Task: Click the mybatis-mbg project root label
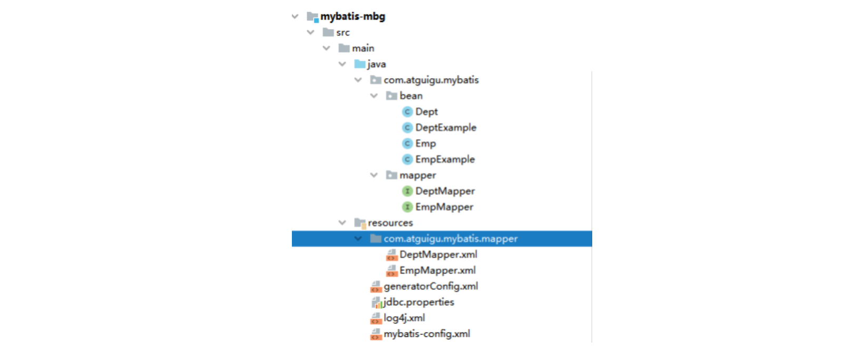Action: [x=352, y=16]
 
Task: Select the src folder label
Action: [x=342, y=33]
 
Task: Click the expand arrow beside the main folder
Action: [x=327, y=48]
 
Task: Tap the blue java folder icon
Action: [x=360, y=64]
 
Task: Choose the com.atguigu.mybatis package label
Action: [x=431, y=80]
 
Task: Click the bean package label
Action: [x=411, y=96]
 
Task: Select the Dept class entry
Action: [x=426, y=112]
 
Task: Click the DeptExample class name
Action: [x=446, y=128]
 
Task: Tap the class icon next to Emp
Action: [x=407, y=143]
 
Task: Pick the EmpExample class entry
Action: [x=445, y=159]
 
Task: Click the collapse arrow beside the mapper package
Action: [x=374, y=175]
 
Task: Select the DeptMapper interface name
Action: [x=445, y=191]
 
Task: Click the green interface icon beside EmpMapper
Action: [x=407, y=207]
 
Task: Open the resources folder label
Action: [x=390, y=223]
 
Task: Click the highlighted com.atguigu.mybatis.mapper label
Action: [x=451, y=239]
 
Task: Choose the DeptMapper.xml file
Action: [x=438, y=255]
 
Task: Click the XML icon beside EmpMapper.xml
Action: [x=391, y=271]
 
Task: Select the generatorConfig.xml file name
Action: [x=430, y=286]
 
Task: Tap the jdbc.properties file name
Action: [x=418, y=302]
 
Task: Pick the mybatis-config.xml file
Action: [x=427, y=334]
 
